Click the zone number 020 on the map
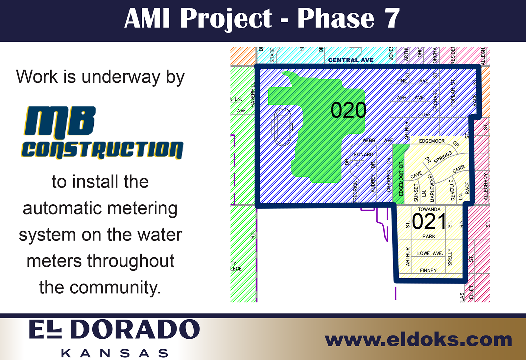[348, 110]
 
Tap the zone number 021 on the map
[429, 222]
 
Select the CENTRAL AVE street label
[351, 60]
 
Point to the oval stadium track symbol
[282, 127]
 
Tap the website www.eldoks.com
[418, 340]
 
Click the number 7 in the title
[392, 18]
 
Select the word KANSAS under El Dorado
[115, 353]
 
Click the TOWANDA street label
[429, 209]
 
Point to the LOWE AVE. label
[430, 253]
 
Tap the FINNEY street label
[428, 270]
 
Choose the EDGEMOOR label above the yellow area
[432, 141]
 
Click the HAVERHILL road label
[253, 95]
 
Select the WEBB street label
[369, 140]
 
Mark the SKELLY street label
[450, 257]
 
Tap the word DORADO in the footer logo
[135, 329]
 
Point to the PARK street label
[429, 236]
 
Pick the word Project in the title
[226, 18]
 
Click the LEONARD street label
[362, 154]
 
